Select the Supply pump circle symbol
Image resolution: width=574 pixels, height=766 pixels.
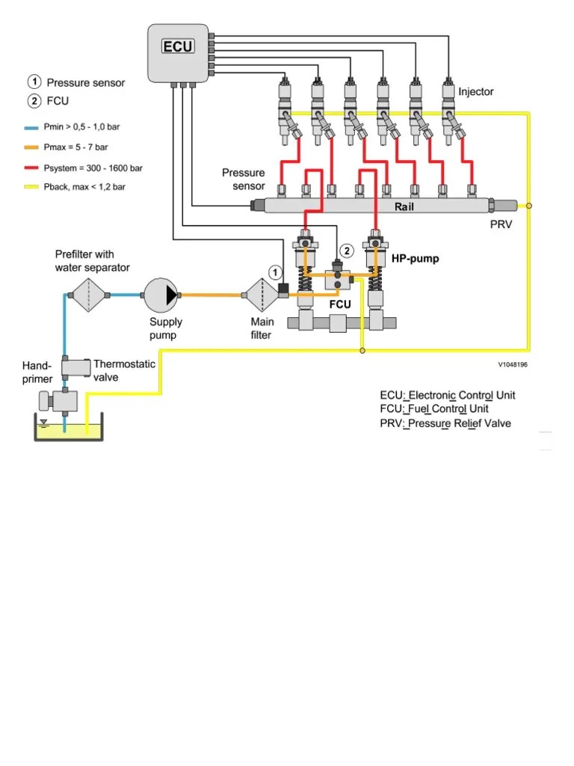click(x=161, y=295)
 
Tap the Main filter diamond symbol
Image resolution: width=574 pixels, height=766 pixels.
click(x=262, y=295)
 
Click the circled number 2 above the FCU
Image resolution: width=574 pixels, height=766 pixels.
click(x=346, y=251)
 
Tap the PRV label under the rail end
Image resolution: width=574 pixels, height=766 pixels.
click(x=501, y=224)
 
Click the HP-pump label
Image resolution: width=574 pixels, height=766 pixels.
click(x=415, y=259)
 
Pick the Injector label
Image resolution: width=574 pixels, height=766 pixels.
click(x=476, y=92)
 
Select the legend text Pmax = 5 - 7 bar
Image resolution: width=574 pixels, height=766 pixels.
click(x=75, y=147)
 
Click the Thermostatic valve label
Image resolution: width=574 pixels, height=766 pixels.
click(x=124, y=370)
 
